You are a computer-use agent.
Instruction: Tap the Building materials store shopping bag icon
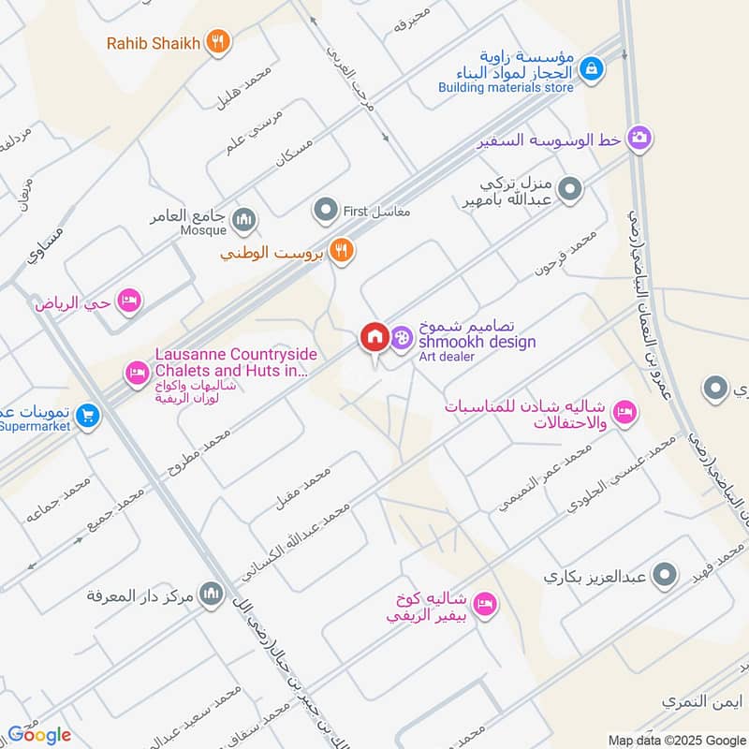point(591,68)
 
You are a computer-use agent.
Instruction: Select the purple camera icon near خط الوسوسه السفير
point(640,139)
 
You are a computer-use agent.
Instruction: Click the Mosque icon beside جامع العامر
point(245,219)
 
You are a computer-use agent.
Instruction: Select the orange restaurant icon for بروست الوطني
point(343,251)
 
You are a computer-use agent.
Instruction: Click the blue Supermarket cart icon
point(87,413)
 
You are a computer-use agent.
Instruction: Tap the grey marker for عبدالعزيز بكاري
point(665,576)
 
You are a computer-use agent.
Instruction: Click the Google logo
point(39,734)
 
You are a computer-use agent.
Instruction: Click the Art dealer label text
point(446,357)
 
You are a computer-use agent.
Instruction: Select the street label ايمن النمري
point(695,700)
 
